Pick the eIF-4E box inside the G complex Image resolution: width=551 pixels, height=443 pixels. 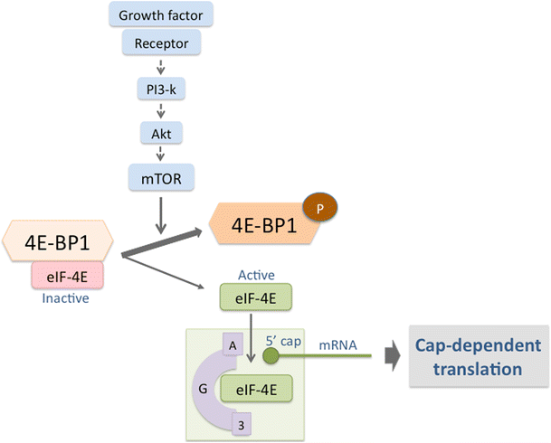[257, 390]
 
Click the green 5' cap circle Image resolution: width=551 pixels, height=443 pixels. [271, 354]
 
